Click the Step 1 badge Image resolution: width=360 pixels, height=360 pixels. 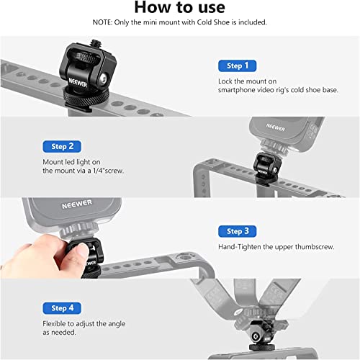coord(238,66)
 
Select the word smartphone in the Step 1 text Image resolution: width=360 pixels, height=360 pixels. coord(238,91)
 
